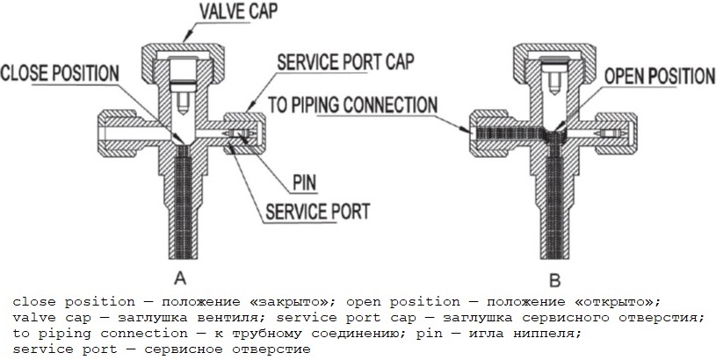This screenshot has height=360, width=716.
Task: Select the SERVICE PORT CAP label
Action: [344, 64]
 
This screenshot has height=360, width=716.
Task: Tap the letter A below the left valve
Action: [179, 279]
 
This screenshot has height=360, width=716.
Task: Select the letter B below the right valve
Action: [554, 281]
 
